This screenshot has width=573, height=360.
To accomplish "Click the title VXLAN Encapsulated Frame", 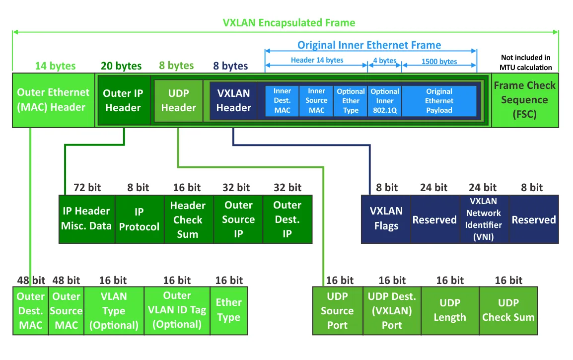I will coord(288,23).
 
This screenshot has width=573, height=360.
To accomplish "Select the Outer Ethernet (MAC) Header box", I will coord(53,100).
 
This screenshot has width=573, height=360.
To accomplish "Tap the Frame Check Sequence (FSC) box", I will coord(524,100).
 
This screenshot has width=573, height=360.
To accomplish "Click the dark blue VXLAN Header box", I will coord(233,100).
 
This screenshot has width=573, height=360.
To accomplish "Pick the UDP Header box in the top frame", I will coord(178,100).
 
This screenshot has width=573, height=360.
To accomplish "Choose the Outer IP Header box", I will coord(123,100).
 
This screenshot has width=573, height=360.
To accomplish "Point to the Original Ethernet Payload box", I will coord(439,101).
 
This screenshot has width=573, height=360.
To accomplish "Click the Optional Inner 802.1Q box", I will coord(384,101).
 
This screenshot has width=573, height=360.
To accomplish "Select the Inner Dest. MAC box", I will coord(282,101).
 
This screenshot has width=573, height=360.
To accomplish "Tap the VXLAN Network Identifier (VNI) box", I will coord(485,219).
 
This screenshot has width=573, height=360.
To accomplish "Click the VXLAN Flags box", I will coord(386,218).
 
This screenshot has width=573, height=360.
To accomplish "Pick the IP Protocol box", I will coord(139,219).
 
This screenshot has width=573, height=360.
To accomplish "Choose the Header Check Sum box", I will coord(188,219).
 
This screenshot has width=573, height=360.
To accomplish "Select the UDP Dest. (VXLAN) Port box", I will coord(392,311).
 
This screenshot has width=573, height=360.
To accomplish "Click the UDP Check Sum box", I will coord(508,311).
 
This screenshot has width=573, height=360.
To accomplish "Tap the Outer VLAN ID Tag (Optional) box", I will coord(177,311).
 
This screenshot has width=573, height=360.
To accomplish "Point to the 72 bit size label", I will coord(87,188).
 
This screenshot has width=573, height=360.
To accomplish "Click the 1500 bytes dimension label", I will coord(439,62).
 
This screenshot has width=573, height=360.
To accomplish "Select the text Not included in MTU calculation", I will coord(526,63).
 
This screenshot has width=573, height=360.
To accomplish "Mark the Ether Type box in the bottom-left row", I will coord(228,311).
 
